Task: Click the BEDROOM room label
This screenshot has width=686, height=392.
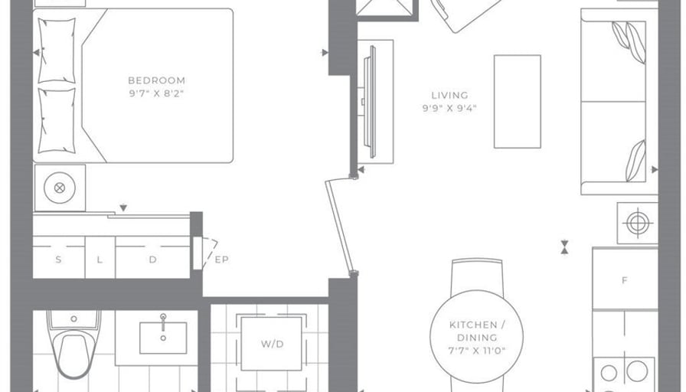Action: (x=157, y=80)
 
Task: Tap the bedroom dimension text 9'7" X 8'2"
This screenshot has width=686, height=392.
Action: (x=156, y=93)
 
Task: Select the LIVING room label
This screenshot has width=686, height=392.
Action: (x=449, y=96)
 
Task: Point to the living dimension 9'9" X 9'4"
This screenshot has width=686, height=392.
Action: (x=449, y=109)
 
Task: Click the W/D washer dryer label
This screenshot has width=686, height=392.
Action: (x=273, y=344)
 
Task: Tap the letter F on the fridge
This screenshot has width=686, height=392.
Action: (x=625, y=280)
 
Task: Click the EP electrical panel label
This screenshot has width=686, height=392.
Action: (x=222, y=260)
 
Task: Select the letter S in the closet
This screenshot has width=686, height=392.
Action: (x=59, y=260)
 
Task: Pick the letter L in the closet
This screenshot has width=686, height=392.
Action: (x=100, y=260)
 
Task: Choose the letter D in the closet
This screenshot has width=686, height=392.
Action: (x=152, y=260)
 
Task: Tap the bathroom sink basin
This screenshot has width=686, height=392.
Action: (x=163, y=338)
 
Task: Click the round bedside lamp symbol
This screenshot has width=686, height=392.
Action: (x=60, y=188)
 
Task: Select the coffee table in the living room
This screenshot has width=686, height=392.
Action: (x=517, y=102)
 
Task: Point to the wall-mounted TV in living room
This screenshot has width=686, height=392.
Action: (x=372, y=102)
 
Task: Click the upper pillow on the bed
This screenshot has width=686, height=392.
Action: (x=57, y=51)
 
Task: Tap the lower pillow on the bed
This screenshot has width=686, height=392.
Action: (x=57, y=120)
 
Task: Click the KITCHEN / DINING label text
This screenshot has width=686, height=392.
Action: (x=477, y=332)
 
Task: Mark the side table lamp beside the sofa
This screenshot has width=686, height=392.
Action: (x=637, y=223)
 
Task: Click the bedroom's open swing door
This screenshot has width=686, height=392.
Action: (x=339, y=226)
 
